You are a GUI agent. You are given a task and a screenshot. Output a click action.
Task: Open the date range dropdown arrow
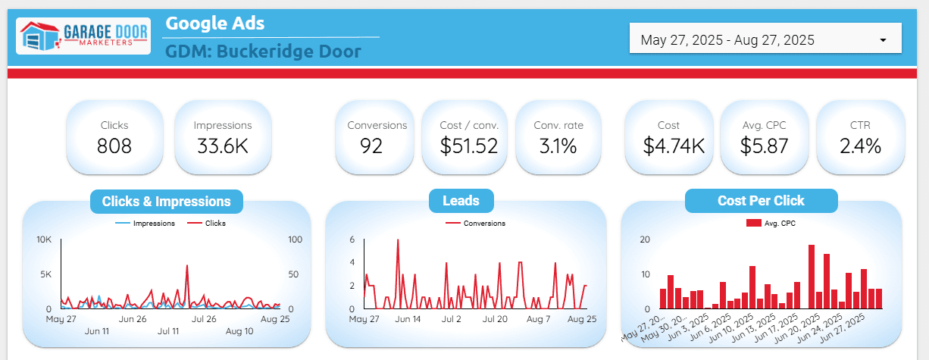pos(883,40)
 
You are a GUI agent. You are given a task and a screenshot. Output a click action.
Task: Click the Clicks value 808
pos(114,146)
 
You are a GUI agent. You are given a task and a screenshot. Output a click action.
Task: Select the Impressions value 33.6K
pos(223,146)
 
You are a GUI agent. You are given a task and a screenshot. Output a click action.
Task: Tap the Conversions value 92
pos(371,146)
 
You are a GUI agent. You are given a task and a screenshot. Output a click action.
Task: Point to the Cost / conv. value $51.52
pos(469,146)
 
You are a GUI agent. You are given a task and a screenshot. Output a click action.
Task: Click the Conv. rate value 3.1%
pos(558,146)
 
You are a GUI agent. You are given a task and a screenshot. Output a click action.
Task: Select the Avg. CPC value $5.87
pos(764,146)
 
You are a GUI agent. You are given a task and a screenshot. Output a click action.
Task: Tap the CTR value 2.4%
pos(860,146)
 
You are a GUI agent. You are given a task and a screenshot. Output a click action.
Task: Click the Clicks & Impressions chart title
pos(167,202)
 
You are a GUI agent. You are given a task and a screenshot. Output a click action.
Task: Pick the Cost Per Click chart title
pos(761,201)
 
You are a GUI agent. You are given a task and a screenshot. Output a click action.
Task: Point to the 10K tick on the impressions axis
pos(44,239)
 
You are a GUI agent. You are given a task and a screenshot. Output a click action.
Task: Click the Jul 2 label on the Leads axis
pos(452,319)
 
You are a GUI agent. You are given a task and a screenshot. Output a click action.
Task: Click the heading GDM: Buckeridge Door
pos(263,52)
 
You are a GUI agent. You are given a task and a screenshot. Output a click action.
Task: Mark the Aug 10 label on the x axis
pos(239,331)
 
